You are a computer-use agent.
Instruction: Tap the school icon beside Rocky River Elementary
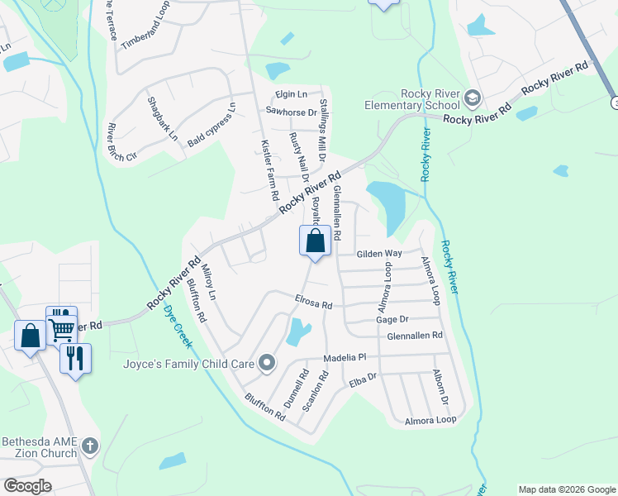point(473,99)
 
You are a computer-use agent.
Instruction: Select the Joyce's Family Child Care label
point(187,363)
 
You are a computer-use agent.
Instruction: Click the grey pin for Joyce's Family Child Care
point(266,363)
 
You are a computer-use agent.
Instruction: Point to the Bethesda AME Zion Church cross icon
point(90,447)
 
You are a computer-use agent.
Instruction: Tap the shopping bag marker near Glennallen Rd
point(315,242)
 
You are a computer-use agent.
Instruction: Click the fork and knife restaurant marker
point(75,358)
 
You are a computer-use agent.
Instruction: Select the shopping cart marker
point(61,328)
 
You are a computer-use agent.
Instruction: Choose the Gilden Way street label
point(378,254)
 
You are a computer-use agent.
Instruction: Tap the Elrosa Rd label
point(314,302)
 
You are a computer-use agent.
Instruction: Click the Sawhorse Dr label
point(291,112)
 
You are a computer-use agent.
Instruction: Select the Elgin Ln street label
point(292,94)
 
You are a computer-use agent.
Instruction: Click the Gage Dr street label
point(392,319)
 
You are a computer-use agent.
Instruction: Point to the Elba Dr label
point(363,381)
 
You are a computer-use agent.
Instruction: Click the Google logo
point(27,486)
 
